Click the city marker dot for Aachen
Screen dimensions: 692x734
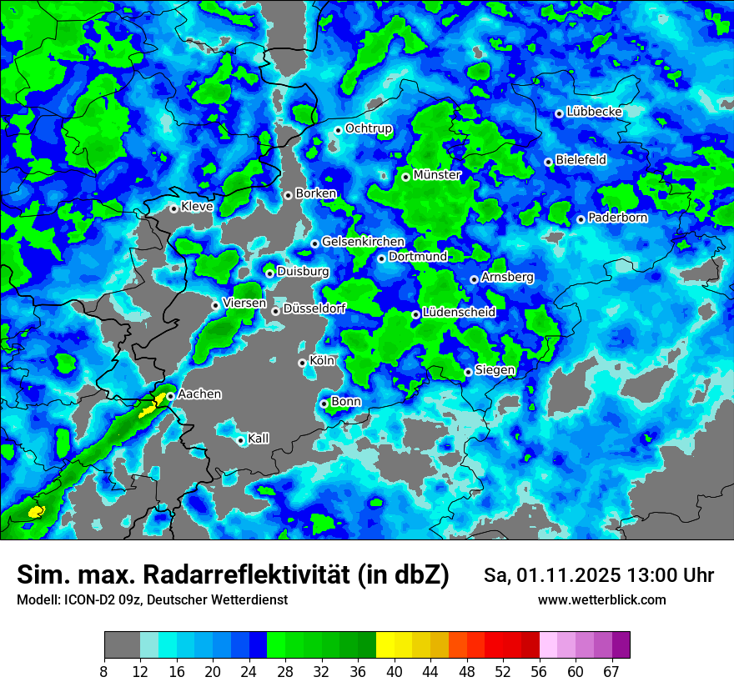(170, 396)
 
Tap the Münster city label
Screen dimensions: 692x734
(437, 175)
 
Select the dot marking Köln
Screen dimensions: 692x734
(302, 363)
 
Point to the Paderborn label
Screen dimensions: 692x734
(617, 218)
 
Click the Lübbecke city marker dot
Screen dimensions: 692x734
(559, 113)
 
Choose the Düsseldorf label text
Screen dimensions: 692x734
(314, 308)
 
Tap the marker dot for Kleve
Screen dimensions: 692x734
(173, 208)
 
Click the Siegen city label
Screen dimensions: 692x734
(495, 370)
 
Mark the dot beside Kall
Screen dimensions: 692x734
(240, 440)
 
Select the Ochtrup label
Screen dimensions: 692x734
(368, 128)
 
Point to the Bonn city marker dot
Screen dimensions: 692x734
(324, 404)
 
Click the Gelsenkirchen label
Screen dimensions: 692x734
(363, 242)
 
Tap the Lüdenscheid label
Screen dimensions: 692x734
(459, 312)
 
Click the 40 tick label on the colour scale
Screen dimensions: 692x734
(395, 671)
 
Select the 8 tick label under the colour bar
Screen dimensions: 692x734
(104, 671)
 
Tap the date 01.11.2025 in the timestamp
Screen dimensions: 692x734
(567, 575)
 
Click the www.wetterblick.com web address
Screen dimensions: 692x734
(601, 599)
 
